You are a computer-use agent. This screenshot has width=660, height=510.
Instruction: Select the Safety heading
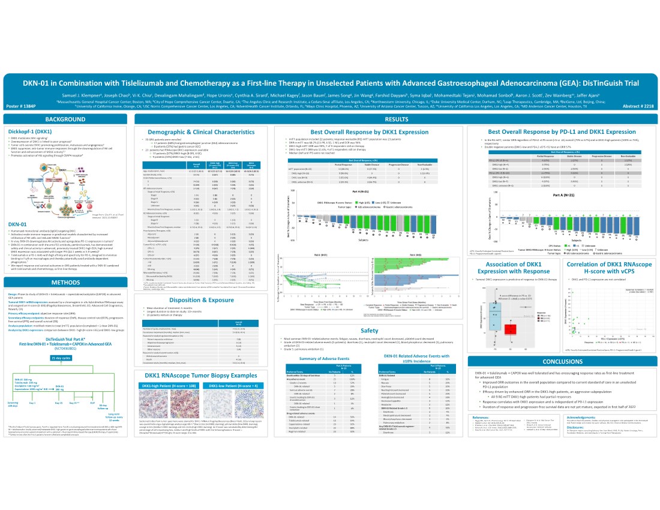369,330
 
